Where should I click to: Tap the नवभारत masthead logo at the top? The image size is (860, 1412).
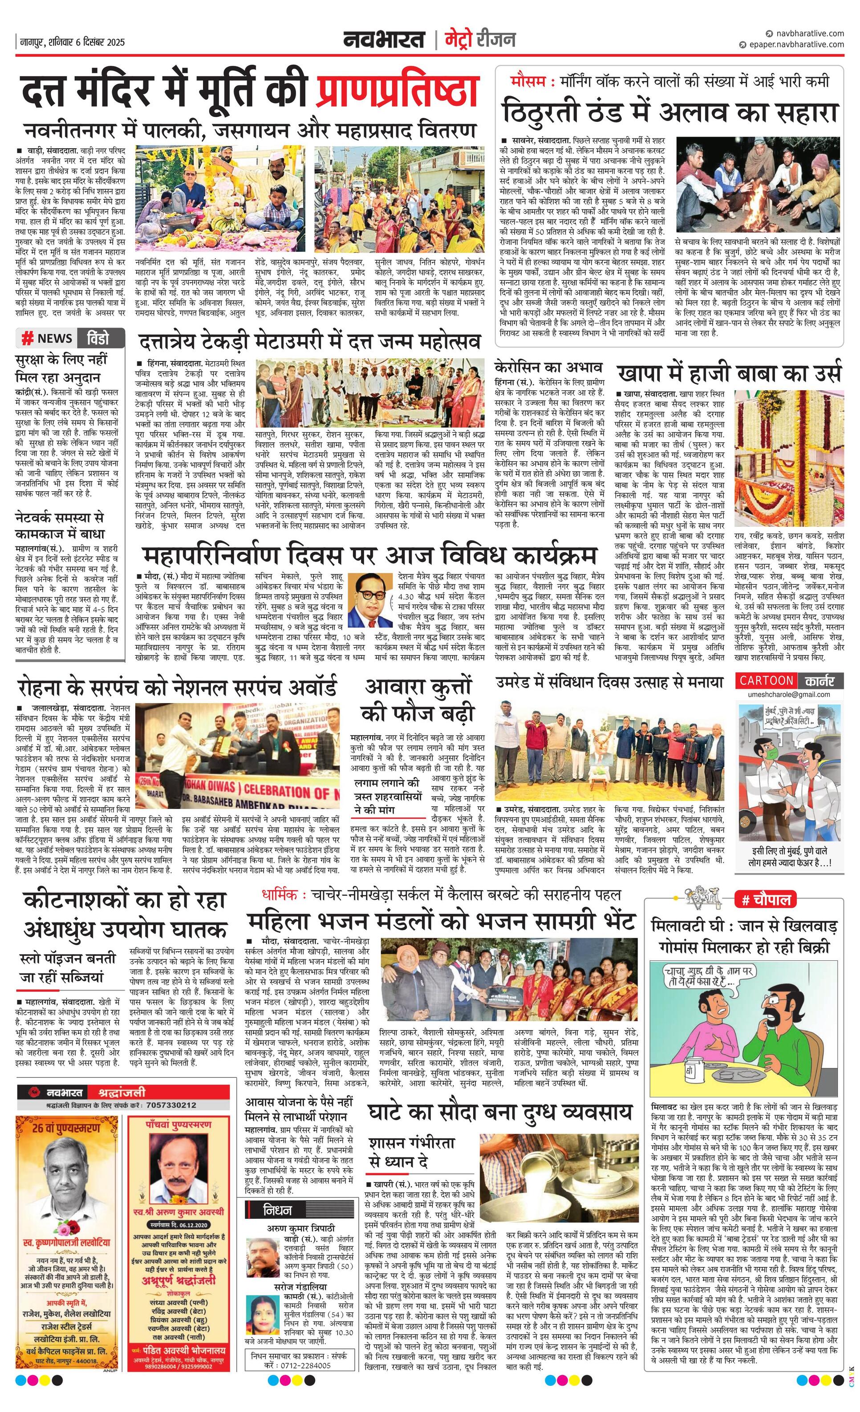point(384,40)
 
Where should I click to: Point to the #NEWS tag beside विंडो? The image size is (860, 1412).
point(47,338)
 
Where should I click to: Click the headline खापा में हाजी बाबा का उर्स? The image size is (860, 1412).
point(729,374)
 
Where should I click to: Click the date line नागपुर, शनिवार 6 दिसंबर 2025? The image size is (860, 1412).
point(72,42)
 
